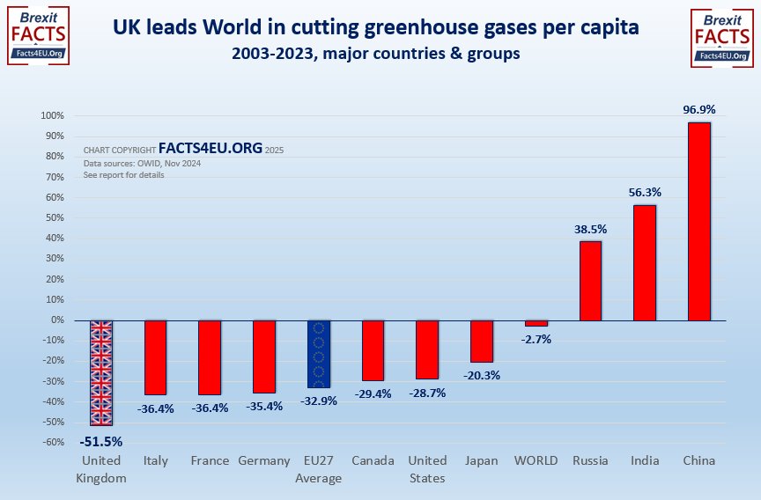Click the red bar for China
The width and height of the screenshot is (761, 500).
click(698, 221)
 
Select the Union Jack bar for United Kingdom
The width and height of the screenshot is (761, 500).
click(101, 372)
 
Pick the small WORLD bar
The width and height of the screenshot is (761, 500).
click(536, 323)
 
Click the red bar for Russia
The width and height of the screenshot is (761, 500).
click(590, 281)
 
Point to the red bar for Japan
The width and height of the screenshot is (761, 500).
click(481, 341)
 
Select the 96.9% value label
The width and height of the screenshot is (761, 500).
click(699, 110)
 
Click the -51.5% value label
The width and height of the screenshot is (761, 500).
click(101, 441)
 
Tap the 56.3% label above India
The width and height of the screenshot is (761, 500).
click(644, 192)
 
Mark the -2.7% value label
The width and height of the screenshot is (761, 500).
click(536, 339)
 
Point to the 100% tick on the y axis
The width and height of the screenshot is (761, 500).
click(51, 116)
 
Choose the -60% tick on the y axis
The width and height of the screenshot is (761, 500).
click(53, 443)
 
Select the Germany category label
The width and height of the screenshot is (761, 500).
click(264, 460)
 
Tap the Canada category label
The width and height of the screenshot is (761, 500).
click(373, 460)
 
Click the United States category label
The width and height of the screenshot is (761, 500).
click(427, 469)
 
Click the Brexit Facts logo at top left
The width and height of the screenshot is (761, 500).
click(38, 36)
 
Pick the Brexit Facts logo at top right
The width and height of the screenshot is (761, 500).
click(722, 36)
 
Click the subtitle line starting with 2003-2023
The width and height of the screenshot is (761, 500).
click(375, 54)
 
